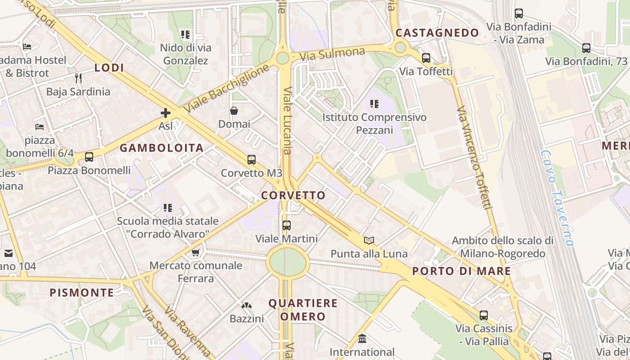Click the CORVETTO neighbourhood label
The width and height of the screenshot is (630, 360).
(x=293, y=195)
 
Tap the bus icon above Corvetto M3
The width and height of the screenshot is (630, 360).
(x=252, y=160)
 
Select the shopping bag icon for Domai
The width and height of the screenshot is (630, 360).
(x=234, y=111)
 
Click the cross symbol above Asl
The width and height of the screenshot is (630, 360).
(x=166, y=113)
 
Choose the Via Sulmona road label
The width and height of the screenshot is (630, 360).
(x=332, y=54)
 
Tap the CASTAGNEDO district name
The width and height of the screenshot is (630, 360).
(x=437, y=33)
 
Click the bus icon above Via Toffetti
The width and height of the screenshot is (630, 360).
(x=426, y=58)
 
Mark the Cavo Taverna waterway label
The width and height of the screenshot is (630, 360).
(x=558, y=198)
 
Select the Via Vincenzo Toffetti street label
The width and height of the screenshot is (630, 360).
(x=474, y=157)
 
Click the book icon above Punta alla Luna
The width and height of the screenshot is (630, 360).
(x=369, y=240)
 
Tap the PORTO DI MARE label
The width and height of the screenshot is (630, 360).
(x=462, y=271)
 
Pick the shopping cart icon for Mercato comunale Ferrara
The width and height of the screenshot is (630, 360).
(x=195, y=252)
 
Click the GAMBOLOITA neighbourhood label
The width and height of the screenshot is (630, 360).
(x=162, y=148)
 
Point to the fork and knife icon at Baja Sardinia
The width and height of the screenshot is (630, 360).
(x=78, y=78)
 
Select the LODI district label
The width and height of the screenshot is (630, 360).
(x=109, y=68)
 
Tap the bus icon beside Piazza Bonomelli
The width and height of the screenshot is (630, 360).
(x=89, y=157)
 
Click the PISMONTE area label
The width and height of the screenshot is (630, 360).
(x=82, y=293)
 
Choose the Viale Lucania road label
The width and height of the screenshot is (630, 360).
(x=287, y=120)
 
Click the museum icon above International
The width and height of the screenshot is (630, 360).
(x=362, y=338)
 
